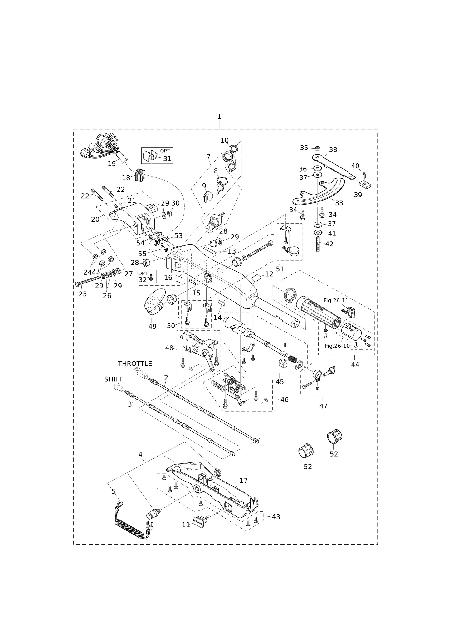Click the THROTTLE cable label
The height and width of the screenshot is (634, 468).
135,364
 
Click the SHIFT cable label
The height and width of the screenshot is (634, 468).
114,379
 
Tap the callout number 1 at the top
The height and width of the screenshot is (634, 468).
219,116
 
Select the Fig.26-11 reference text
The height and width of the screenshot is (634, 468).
336,300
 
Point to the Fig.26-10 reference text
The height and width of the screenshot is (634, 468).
337,346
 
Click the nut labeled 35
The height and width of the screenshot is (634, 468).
318,148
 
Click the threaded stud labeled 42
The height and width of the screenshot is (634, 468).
318,244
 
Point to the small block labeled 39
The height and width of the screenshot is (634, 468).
364,185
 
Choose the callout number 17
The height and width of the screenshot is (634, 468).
244,481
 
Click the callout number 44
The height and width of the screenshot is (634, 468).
355,364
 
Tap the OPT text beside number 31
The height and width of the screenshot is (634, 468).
165,151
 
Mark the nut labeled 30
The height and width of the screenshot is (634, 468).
170,213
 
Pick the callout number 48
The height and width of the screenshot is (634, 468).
169,348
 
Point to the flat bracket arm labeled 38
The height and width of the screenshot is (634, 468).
334,167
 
